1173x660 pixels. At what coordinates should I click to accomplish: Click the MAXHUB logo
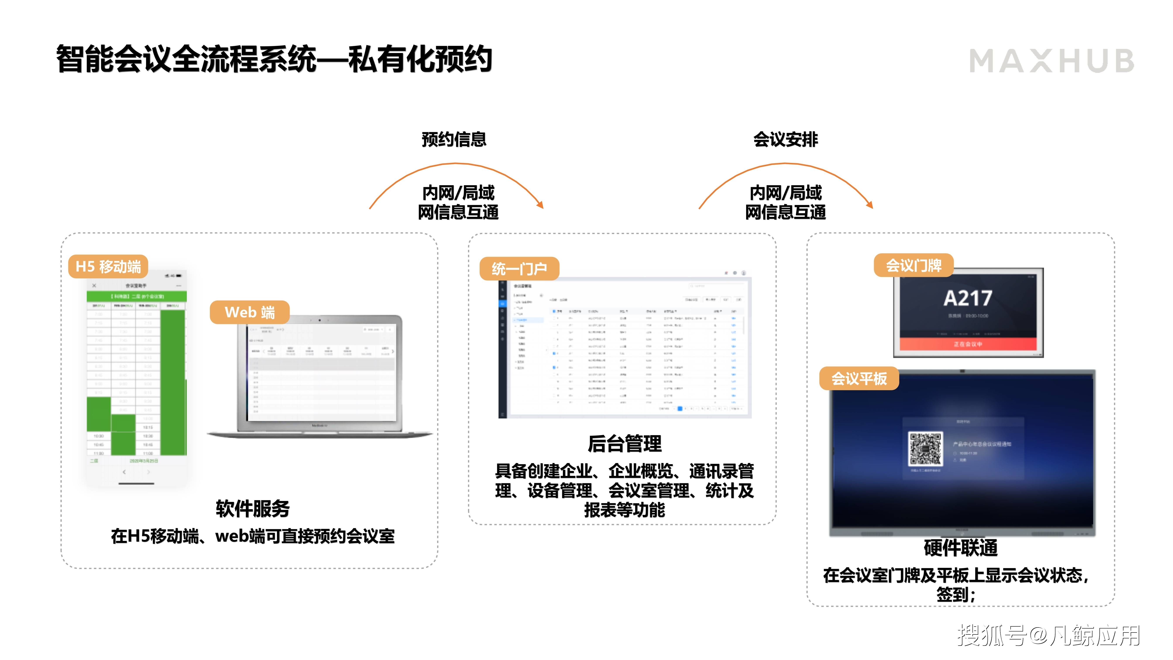1051,61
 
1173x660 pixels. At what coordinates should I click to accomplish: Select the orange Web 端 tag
249,312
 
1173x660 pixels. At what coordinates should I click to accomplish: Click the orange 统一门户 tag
519,269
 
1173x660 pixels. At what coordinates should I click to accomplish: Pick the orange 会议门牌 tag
914,265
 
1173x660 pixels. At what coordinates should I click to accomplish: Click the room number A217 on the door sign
968,298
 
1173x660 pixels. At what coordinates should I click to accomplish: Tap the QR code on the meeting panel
925,449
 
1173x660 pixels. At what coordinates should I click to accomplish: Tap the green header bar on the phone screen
137,296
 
